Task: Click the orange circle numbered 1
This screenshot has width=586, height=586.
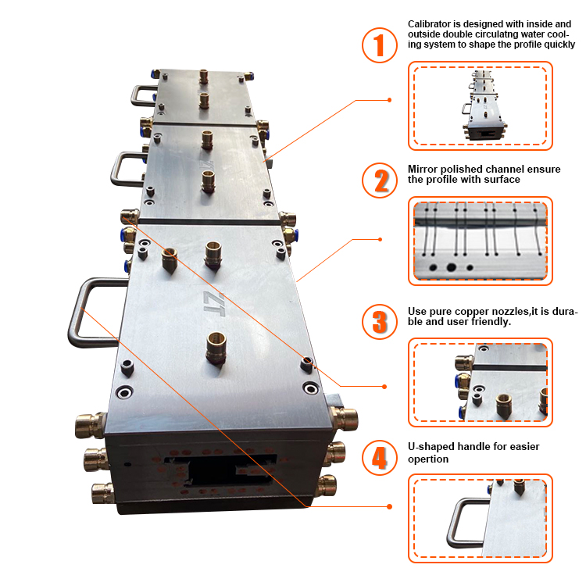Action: point(380,45)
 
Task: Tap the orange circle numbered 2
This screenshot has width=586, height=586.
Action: point(380,180)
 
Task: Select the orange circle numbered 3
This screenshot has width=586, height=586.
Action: point(380,321)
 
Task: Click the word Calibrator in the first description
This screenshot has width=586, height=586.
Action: point(431,23)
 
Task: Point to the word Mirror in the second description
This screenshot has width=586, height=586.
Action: point(423,168)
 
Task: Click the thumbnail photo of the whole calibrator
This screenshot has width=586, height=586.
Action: point(480,105)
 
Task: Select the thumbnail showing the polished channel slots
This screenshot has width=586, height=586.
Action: point(480,240)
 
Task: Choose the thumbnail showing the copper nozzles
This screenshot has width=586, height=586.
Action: point(480,382)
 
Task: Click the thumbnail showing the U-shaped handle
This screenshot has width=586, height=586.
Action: point(480,518)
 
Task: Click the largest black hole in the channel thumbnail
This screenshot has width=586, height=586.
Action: point(452,267)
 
